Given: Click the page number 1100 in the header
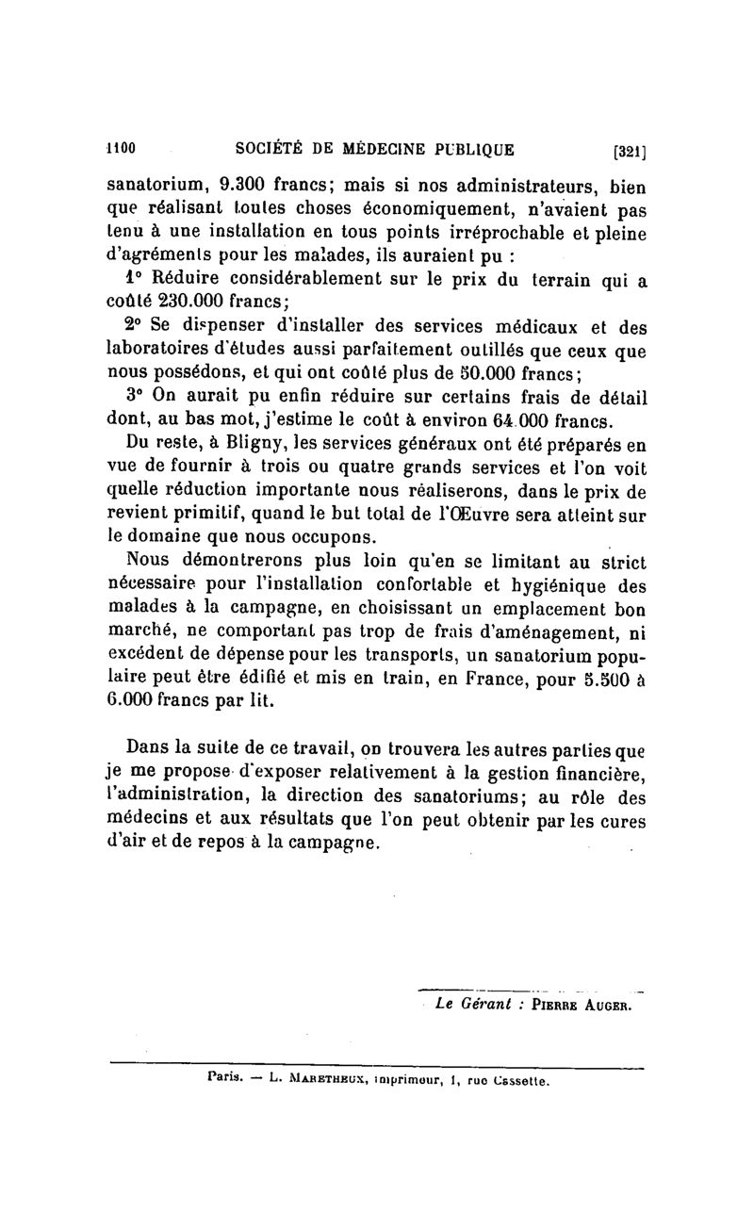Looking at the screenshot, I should coord(123,147).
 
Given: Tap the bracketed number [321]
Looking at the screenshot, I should coord(628,149).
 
